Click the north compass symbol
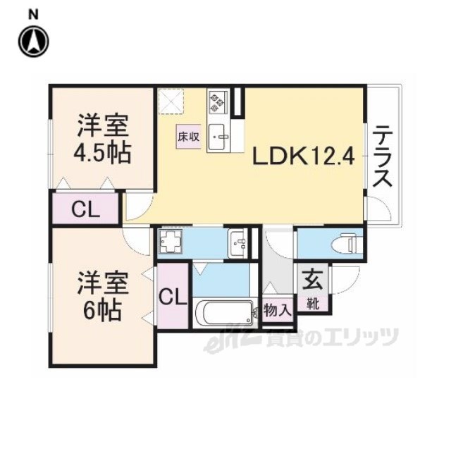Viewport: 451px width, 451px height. (x=34, y=42)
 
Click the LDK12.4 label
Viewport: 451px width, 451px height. (x=303, y=156)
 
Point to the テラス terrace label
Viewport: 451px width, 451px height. (x=382, y=156)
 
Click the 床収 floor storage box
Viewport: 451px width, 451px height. (x=188, y=137)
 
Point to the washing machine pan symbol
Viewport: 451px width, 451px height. (x=171, y=242)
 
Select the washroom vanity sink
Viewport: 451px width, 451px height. (x=238, y=243)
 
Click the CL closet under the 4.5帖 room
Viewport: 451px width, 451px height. (x=85, y=209)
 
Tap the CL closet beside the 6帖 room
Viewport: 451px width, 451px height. (x=173, y=297)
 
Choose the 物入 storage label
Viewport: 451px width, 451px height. (x=278, y=310)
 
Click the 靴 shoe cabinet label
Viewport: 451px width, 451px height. (x=312, y=304)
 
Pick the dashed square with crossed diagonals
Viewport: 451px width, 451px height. (x=171, y=101)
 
